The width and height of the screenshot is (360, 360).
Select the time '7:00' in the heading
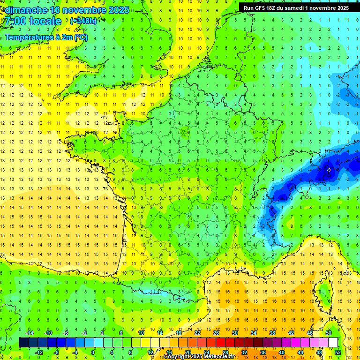coord(15,21)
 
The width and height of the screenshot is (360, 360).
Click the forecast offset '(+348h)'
coord(83,21)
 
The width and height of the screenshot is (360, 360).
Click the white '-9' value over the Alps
coord(329,170)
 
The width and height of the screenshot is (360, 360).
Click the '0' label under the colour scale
coord(93,352)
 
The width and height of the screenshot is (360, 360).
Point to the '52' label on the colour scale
coord(338,352)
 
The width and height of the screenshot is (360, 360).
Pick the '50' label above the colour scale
coord(329,332)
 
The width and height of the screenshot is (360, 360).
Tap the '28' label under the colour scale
coord(225,352)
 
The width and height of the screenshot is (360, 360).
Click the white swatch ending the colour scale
coord(333,342)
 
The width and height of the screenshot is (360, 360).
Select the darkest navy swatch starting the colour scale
coord(23,342)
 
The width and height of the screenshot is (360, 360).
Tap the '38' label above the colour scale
coord(272,332)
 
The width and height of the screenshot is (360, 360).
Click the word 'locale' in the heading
coord(45,21)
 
